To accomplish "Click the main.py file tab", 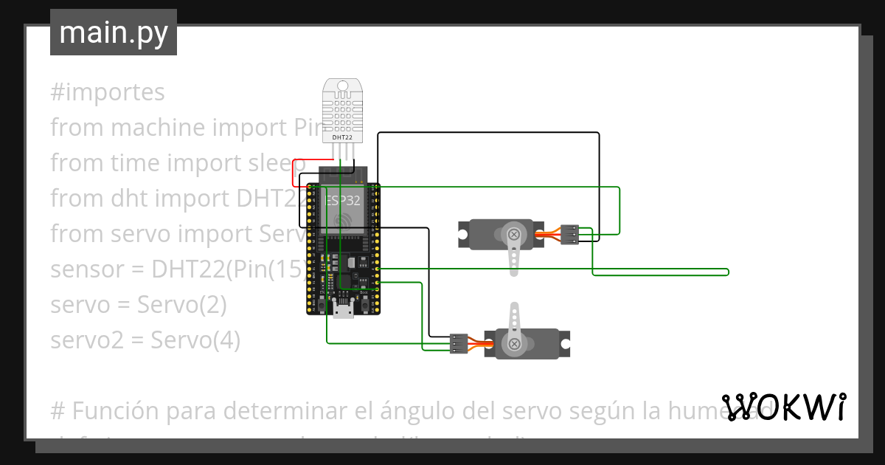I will pyautogui.click(x=113, y=32).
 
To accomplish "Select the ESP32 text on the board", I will pyautogui.click(x=343, y=199).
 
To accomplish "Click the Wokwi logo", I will pyautogui.click(x=784, y=407).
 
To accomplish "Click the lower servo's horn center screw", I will pyautogui.click(x=514, y=343).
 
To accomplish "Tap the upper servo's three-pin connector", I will pyautogui.click(x=569, y=234).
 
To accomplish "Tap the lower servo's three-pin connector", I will pyautogui.click(x=459, y=344).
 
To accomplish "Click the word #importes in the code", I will pyautogui.click(x=108, y=92).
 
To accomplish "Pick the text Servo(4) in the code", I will pyautogui.click(x=195, y=340).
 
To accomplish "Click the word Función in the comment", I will pyautogui.click(x=105, y=409).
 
